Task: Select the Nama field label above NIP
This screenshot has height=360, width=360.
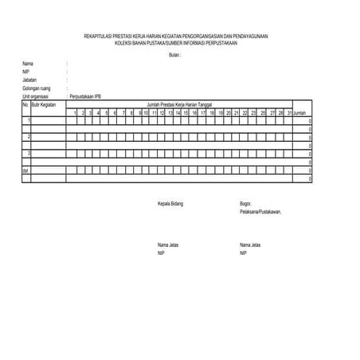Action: tap(28, 63)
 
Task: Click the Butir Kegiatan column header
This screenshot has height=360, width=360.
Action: tap(44, 104)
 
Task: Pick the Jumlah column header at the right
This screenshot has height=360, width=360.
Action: tap(300, 113)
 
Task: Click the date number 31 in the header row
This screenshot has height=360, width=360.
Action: tap(289, 113)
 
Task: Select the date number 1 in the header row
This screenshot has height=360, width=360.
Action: tap(74, 113)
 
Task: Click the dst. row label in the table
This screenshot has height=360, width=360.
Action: tap(26, 170)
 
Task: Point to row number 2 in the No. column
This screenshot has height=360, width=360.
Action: tap(29, 137)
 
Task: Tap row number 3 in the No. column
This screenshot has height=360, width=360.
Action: tap(29, 153)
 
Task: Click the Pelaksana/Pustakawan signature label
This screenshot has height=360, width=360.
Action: tap(260, 212)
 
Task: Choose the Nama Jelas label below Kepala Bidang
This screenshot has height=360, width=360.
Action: tap(169, 244)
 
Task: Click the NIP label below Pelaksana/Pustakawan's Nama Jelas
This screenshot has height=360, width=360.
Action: tap(243, 252)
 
